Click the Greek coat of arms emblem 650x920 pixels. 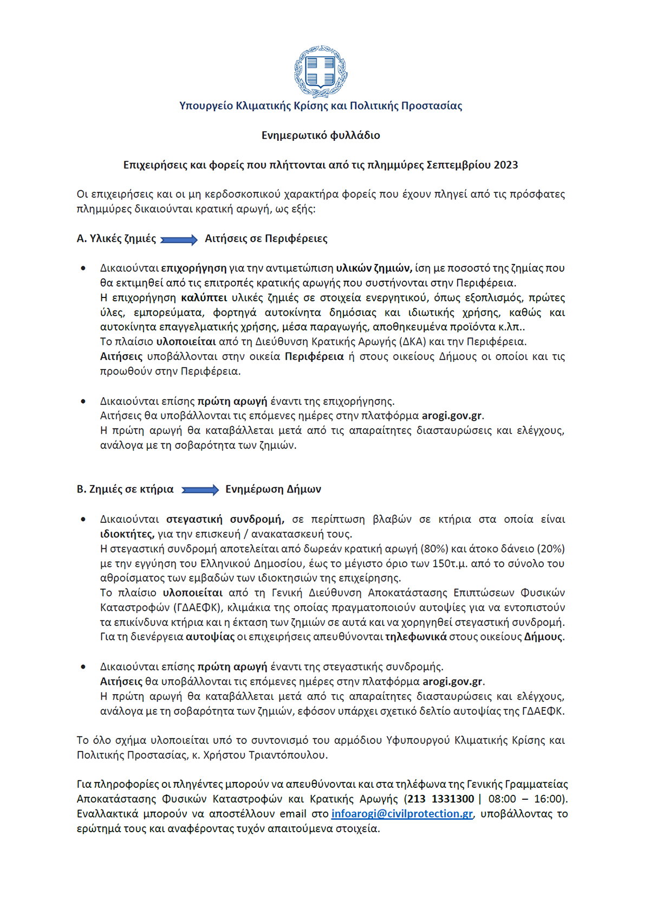pos(321,71)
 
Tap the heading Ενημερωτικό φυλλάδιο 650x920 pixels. pos(321,135)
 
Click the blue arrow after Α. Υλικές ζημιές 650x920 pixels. pos(179,240)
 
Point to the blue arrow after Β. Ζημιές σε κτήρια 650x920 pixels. pos(200,490)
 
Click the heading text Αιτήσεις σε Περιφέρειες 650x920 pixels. pos(266,239)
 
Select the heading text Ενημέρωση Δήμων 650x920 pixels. pos(273,489)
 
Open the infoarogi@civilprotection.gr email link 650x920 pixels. pos(402,814)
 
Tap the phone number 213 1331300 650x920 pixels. pos(441,799)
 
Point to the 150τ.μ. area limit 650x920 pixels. pos(450,563)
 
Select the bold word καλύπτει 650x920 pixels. pos(204,298)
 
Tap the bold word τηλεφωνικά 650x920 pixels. pos(415,637)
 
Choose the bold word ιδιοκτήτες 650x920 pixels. pos(127,534)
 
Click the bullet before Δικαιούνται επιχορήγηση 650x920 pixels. pos(83,268)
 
